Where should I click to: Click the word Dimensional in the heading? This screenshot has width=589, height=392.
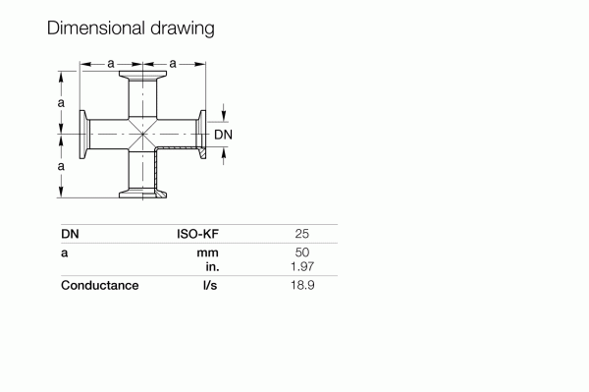(x=95, y=28)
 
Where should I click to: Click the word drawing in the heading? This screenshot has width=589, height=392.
(x=180, y=28)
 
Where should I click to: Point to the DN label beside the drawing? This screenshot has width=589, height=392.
(x=223, y=134)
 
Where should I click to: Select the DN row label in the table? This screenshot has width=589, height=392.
(x=70, y=235)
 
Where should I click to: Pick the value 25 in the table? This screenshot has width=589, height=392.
(x=302, y=235)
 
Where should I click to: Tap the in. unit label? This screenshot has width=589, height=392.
(x=210, y=267)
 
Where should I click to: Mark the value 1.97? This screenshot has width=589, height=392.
(x=302, y=267)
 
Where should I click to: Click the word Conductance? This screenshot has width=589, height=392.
(x=99, y=286)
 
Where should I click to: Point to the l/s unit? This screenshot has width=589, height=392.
(x=209, y=286)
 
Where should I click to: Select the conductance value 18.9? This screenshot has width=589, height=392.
(x=302, y=286)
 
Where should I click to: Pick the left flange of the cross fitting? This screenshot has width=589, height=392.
(x=82, y=135)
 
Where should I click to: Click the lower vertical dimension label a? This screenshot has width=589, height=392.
(x=62, y=166)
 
